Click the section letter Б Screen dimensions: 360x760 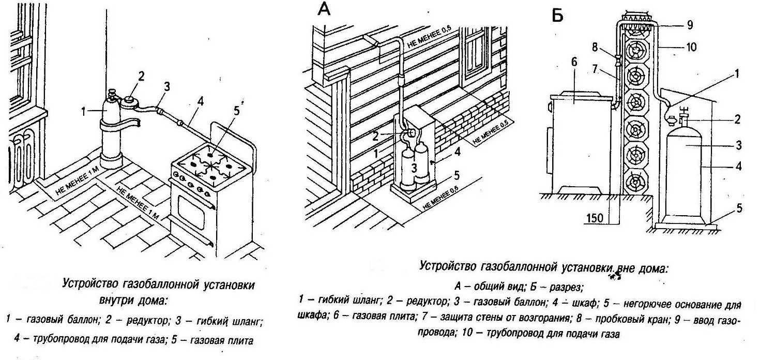[x=557, y=16]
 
